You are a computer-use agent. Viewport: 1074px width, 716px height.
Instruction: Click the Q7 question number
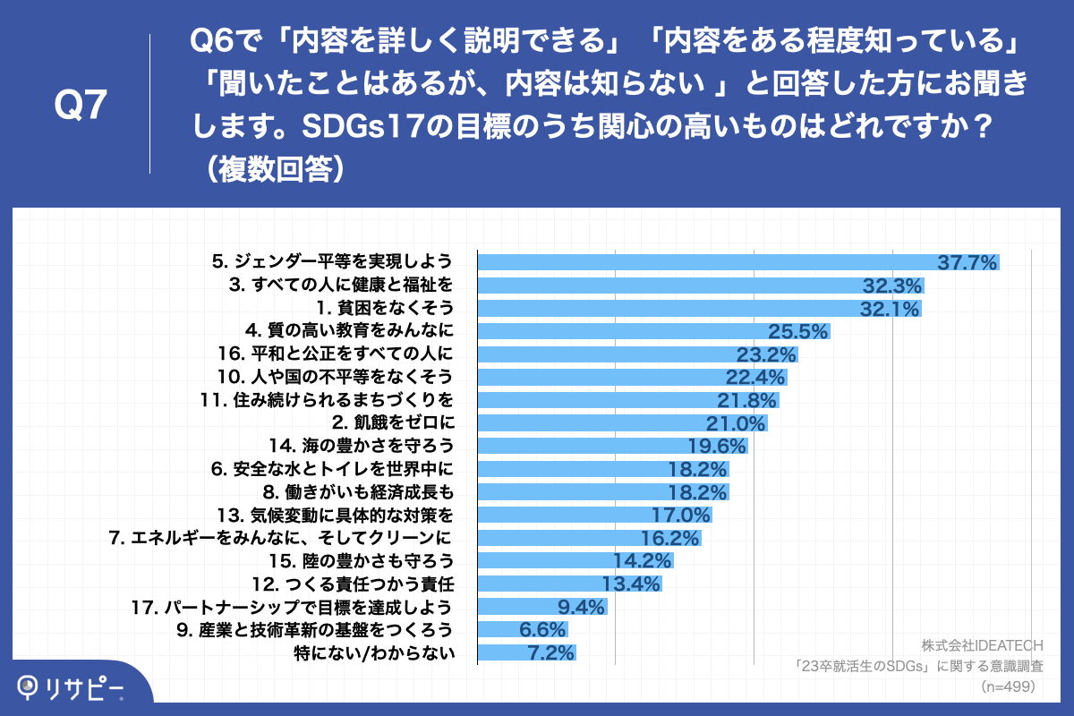pyautogui.click(x=81, y=107)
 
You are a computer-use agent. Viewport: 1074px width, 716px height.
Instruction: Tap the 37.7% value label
pyautogui.click(x=967, y=262)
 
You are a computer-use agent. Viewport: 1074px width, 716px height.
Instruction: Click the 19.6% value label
pyautogui.click(x=716, y=445)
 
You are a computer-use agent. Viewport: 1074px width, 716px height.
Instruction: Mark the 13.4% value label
pyautogui.click(x=631, y=584)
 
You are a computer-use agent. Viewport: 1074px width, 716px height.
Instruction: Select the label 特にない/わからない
pyautogui.click(x=375, y=653)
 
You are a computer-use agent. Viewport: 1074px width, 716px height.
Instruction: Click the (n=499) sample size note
pyautogui.click(x=1008, y=686)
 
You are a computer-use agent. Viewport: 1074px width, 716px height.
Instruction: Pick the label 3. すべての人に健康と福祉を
pyautogui.click(x=340, y=286)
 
